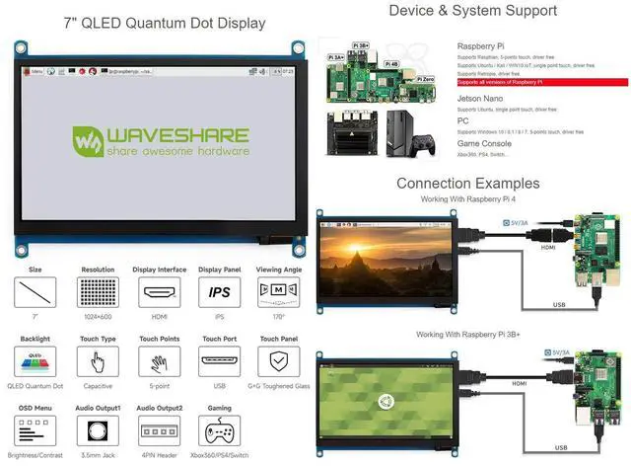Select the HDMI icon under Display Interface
pos(159,292)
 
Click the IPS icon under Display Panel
pos(221,292)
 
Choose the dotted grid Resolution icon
pos(98,292)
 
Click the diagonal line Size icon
pos(35,292)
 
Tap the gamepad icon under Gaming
pos(221,432)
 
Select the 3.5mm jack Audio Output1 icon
pos(98,432)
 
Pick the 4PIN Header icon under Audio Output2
pos(159,432)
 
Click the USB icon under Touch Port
pos(221,362)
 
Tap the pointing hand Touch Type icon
pos(98,362)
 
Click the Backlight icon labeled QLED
pos(35,362)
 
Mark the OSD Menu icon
pos(35,432)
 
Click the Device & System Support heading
pos(472,12)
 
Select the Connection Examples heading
pos(467,183)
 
